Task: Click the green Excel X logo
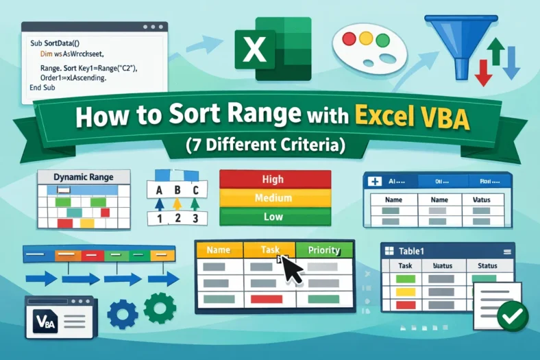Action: point(255,49)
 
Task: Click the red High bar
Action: point(273,179)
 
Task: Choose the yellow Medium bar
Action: point(273,199)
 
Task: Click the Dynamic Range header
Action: point(84,177)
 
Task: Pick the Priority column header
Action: point(324,250)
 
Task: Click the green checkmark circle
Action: point(511,315)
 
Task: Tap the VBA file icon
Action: point(46,320)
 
